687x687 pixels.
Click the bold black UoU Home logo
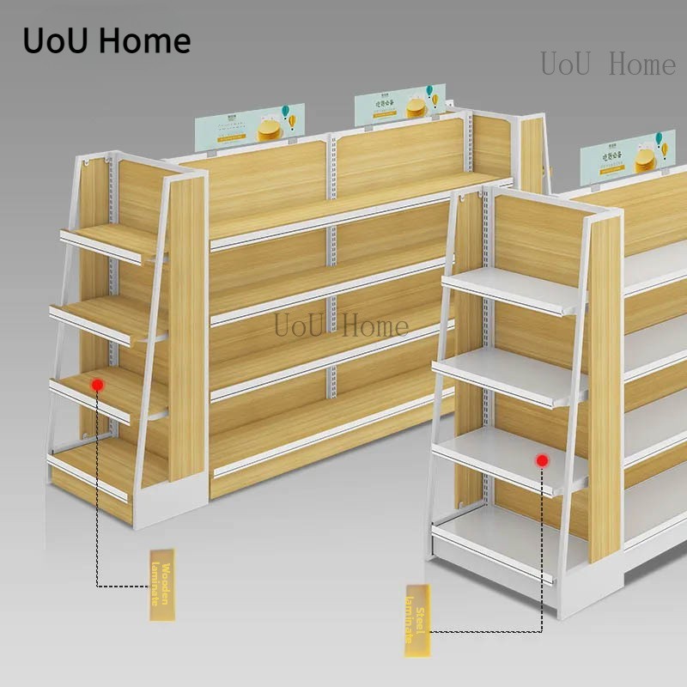click(x=106, y=40)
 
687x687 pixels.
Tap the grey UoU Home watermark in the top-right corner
click(x=608, y=64)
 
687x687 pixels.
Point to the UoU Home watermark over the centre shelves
click(x=341, y=326)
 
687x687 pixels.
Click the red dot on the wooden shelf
click(x=99, y=386)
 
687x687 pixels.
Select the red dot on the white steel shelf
click(x=542, y=461)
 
